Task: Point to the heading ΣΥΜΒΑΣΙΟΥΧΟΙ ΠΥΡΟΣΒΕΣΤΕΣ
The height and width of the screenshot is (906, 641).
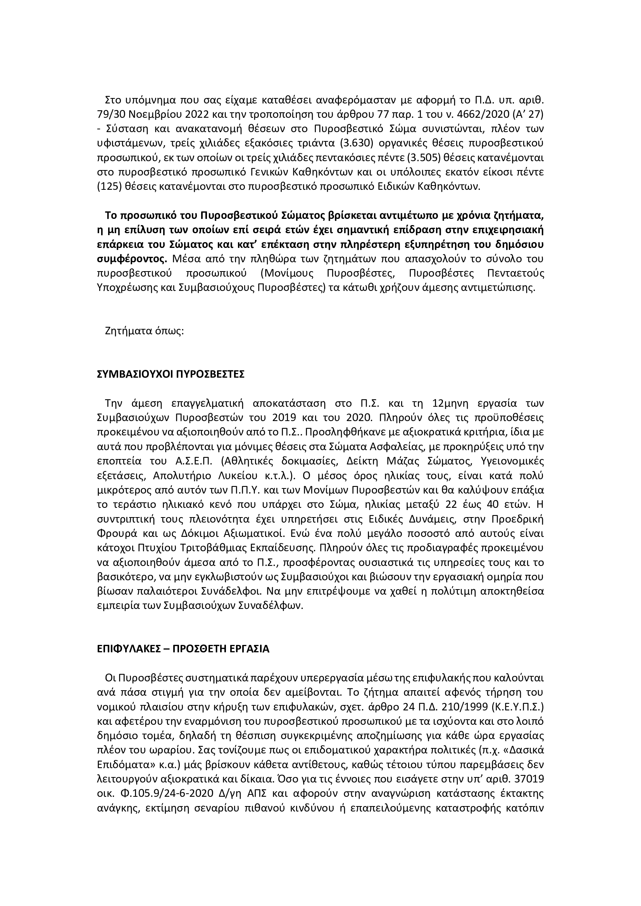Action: [171, 374]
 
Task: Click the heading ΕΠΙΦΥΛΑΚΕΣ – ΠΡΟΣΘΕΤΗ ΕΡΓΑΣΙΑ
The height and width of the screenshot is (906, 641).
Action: [183, 649]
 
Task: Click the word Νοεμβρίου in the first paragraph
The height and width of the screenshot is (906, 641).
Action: [147, 113]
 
